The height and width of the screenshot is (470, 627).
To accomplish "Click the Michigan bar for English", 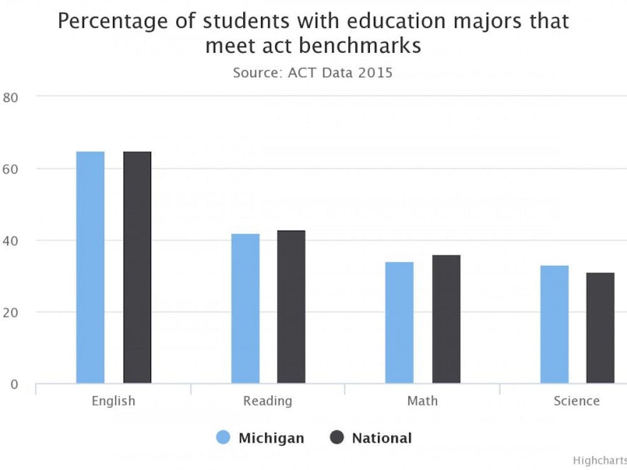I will tap(90, 267).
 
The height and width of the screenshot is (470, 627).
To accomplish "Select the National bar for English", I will tap(137, 267).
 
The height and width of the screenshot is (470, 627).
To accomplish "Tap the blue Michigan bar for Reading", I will tap(245, 308).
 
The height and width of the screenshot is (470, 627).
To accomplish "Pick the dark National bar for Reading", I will tap(292, 306).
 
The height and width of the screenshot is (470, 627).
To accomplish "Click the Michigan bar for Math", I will tap(399, 322).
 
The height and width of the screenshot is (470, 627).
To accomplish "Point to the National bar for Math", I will tap(446, 319).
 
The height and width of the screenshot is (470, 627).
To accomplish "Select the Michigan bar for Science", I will tap(554, 324).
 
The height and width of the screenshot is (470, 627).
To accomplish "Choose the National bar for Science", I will tap(601, 328).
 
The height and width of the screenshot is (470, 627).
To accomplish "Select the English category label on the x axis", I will tap(113, 401).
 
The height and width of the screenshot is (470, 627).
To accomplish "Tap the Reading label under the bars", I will tap(268, 401).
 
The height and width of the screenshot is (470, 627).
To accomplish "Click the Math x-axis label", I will tap(423, 401).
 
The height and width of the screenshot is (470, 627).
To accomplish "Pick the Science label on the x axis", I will tap(577, 401).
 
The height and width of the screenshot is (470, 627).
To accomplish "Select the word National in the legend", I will tap(382, 438).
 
